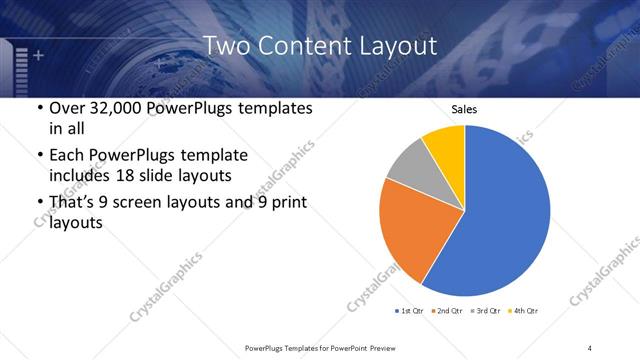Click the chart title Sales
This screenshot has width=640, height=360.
click(x=465, y=110)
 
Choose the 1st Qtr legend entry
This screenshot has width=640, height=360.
click(x=410, y=311)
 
